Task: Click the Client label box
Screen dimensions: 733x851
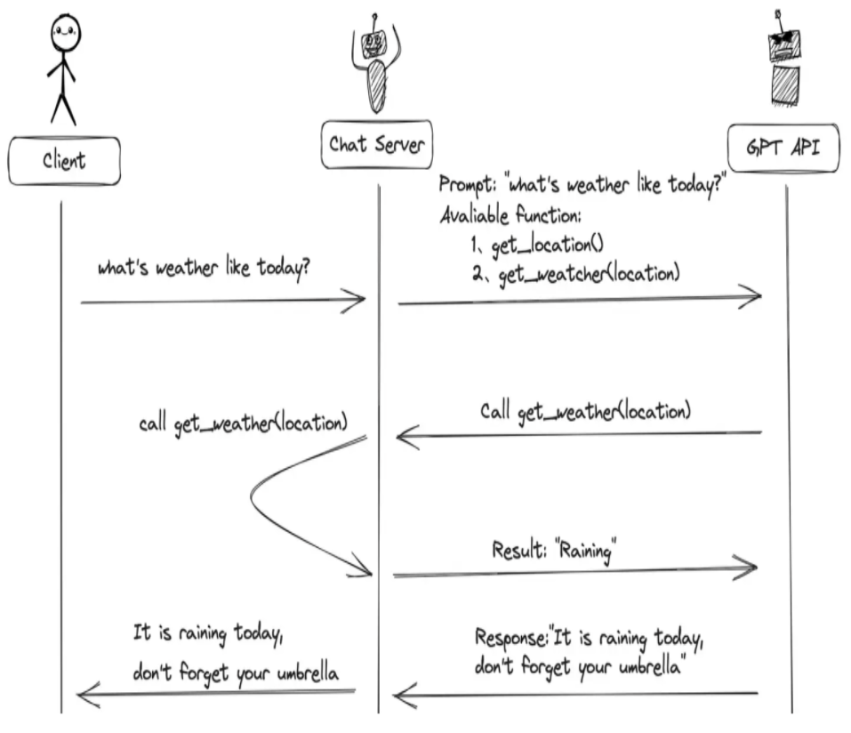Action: tap(64, 161)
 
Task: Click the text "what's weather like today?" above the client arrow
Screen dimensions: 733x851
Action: tap(205, 268)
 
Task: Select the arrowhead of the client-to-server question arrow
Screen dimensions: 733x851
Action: tap(357, 301)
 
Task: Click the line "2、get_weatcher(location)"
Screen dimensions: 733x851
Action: tap(576, 274)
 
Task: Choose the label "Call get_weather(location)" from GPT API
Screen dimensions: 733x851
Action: tap(585, 412)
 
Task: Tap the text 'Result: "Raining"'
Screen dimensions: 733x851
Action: tap(555, 550)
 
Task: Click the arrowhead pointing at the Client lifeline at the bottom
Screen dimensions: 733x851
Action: tap(86, 695)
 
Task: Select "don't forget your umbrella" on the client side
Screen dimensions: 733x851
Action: tap(236, 673)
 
